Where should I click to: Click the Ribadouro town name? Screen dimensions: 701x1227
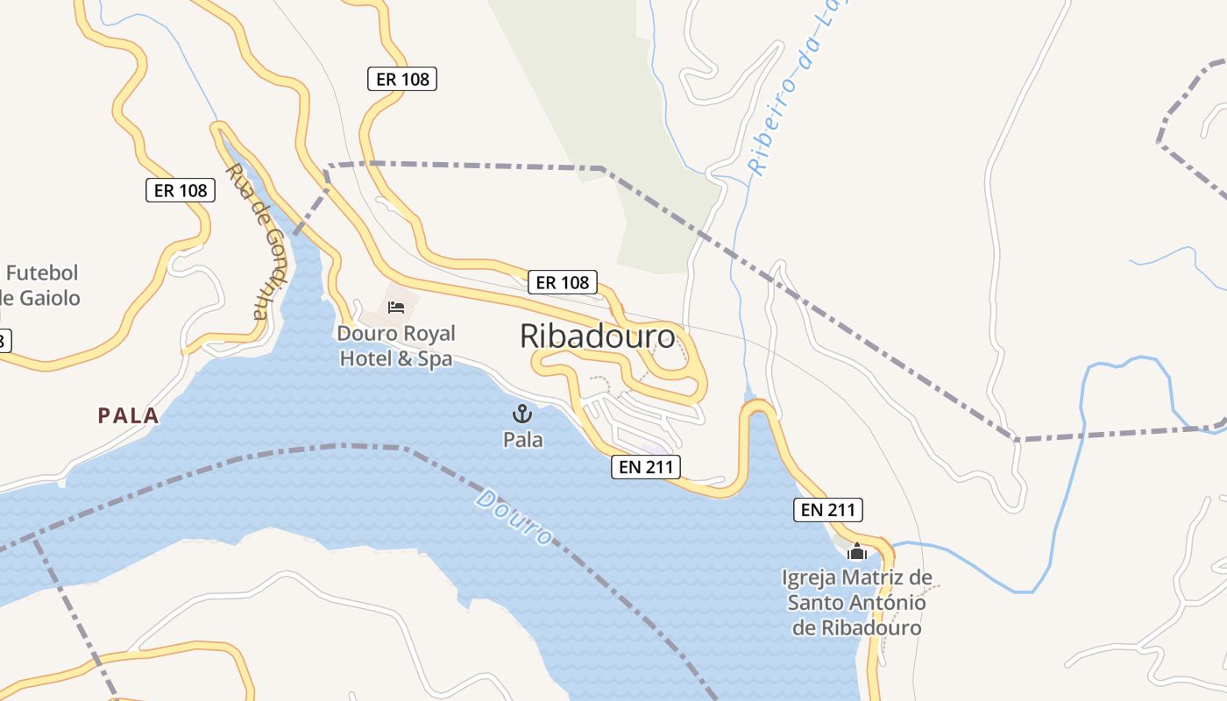pyautogui.click(x=598, y=336)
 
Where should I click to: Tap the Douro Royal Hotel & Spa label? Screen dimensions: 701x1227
pyautogui.click(x=396, y=346)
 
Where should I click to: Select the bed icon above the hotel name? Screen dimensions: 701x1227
pyautogui.click(x=396, y=307)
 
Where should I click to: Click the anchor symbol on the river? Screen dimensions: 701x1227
pyautogui.click(x=522, y=414)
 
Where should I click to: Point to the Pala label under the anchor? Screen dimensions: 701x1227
pyautogui.click(x=522, y=439)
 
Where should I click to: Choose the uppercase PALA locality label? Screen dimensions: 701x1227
pyautogui.click(x=128, y=415)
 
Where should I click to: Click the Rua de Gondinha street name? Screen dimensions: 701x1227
pyautogui.click(x=258, y=240)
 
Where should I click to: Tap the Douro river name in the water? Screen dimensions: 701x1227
pyautogui.click(x=514, y=517)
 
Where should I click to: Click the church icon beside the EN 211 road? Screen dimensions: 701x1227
pyautogui.click(x=857, y=552)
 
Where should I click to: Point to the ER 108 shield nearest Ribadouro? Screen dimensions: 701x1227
pyautogui.click(x=563, y=282)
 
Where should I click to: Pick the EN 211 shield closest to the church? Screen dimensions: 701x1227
pyautogui.click(x=828, y=509)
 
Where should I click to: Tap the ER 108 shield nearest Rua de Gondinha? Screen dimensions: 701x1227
pyautogui.click(x=180, y=190)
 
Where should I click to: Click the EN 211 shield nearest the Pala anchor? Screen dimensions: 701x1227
pyautogui.click(x=645, y=467)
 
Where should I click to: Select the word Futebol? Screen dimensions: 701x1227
pyautogui.click(x=42, y=273)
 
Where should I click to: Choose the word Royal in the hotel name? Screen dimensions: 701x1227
pyautogui.click(x=425, y=334)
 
